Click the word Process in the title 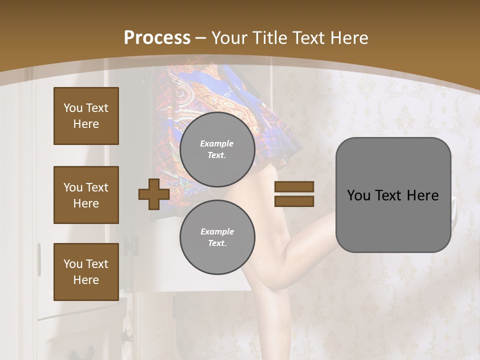[x=157, y=38]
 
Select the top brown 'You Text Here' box [x=86, y=116]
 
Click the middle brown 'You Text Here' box [x=86, y=195]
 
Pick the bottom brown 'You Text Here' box [x=86, y=271]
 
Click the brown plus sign [x=153, y=194]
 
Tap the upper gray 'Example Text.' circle [x=217, y=149]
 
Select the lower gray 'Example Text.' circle [x=217, y=237]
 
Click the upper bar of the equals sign [x=294, y=186]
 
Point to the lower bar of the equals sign [x=294, y=201]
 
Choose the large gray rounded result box [x=393, y=195]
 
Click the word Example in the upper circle [x=217, y=143]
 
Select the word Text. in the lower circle [x=217, y=243]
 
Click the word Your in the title [x=229, y=38]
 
